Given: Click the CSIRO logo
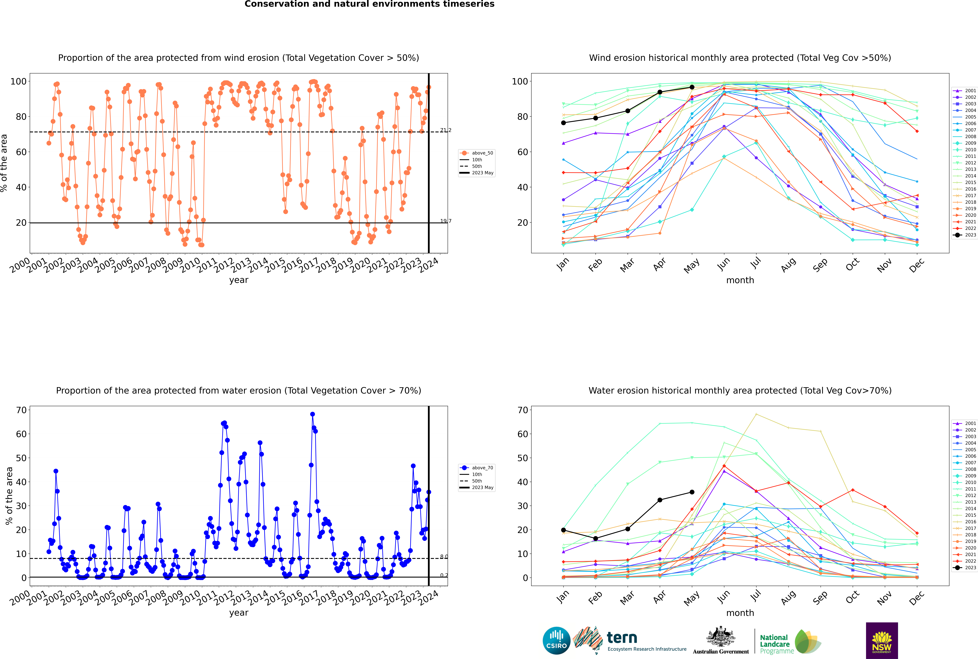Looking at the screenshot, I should [x=556, y=641].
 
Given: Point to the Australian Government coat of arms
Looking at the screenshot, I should [x=721, y=637].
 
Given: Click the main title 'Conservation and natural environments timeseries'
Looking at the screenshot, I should [x=369, y=4].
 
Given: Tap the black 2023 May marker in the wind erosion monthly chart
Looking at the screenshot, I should [x=692, y=87].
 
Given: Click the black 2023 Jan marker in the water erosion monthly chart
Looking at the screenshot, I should [x=563, y=530].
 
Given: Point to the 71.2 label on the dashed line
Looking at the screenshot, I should [x=446, y=130].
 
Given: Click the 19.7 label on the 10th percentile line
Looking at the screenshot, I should [x=446, y=221].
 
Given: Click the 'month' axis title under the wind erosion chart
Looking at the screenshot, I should [x=740, y=280].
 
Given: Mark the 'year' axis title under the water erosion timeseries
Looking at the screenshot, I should [x=239, y=613].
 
